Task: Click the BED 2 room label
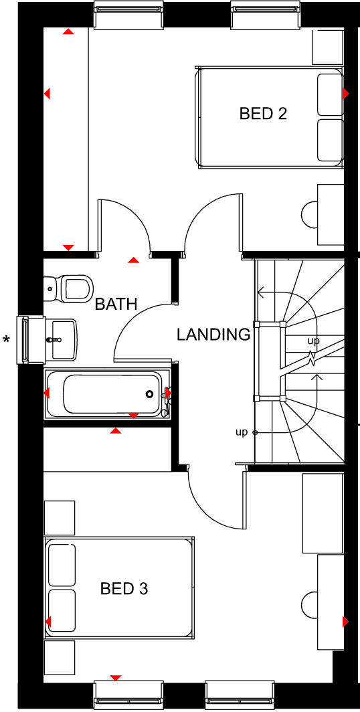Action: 263,114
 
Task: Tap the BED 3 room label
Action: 124,589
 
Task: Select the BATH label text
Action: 116,304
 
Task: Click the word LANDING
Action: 213,335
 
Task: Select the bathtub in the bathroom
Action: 107,394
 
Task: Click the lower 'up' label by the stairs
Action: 242,432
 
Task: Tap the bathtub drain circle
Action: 150,394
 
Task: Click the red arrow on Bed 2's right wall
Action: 346,93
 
